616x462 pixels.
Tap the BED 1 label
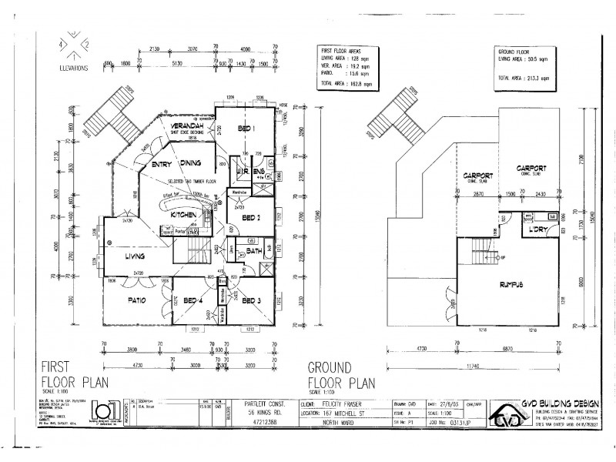(x=246, y=128)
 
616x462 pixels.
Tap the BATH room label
(x=255, y=250)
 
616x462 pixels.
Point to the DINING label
(x=191, y=163)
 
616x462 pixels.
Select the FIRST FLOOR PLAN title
(x=74, y=374)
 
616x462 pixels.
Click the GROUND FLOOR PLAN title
(x=341, y=374)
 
